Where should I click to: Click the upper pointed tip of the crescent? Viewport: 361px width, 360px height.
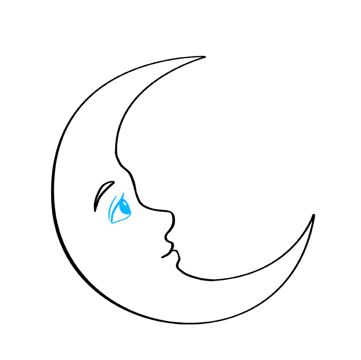205,57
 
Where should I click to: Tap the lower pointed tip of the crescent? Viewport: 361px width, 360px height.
313,216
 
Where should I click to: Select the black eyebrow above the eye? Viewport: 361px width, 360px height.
102,193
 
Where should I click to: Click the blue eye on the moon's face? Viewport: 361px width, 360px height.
121,208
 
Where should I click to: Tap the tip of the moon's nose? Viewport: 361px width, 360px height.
173,218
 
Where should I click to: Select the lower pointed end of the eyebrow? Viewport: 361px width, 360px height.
95,211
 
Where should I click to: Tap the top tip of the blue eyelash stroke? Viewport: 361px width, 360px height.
123,193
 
